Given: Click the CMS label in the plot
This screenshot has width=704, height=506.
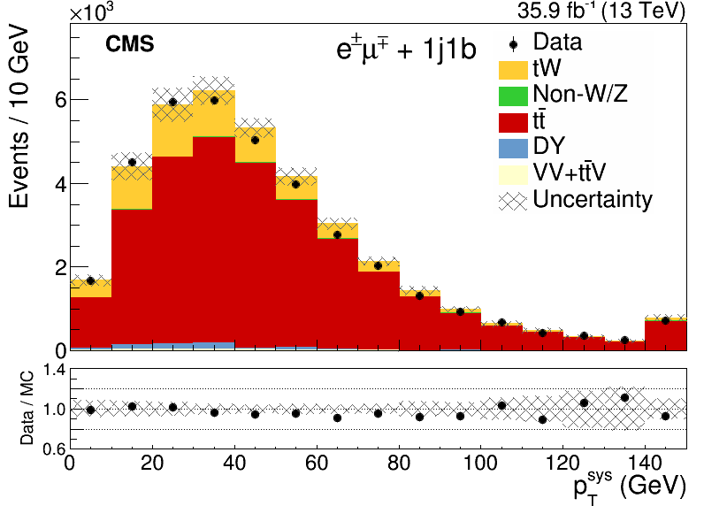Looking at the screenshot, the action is tap(130, 44).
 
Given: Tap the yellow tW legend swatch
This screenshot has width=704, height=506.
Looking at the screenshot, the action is tap(513, 70).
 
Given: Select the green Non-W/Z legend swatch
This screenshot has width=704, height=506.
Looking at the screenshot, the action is tap(513, 96).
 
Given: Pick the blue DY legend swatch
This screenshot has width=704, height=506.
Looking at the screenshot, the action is tap(513, 149).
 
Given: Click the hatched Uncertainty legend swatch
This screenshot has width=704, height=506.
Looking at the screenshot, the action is tap(513, 201).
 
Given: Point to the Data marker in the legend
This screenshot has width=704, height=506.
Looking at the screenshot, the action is tap(514, 44).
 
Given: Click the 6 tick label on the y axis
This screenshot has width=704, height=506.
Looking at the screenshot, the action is tap(61, 100).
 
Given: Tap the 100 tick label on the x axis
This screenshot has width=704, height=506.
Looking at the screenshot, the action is tap(480, 463).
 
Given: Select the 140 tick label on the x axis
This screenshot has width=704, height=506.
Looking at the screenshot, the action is tap(645, 463).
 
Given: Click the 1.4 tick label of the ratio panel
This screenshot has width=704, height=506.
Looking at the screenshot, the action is tap(54, 370).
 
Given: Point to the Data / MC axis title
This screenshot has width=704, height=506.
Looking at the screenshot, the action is tap(27, 408).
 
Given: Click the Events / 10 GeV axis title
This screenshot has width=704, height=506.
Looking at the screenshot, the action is tap(19, 118).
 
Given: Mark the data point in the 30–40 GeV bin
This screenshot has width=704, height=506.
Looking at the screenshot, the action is tap(214, 100).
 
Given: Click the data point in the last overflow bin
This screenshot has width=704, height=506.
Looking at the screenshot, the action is tap(665, 320).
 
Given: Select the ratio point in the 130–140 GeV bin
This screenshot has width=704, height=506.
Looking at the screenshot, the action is tap(624, 398).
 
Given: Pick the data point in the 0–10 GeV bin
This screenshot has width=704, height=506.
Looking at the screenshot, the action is tap(91, 280).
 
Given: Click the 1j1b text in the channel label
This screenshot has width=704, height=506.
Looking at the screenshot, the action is tap(449, 49).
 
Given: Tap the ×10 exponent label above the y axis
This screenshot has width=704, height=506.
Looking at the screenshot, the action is tap(92, 12).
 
